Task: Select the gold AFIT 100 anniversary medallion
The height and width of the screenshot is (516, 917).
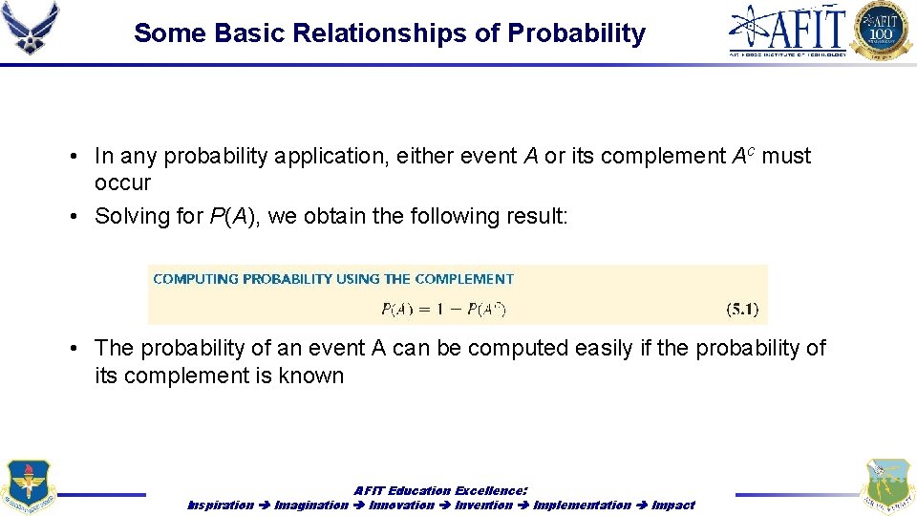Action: click(882, 31)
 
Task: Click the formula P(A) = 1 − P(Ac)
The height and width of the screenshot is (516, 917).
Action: click(443, 309)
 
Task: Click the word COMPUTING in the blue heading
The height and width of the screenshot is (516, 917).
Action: click(196, 279)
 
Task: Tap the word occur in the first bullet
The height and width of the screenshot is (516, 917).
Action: click(122, 183)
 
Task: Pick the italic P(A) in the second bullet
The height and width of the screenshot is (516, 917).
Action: click(235, 216)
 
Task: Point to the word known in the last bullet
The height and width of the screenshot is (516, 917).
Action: click(310, 376)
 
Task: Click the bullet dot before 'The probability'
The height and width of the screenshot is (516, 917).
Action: click(74, 349)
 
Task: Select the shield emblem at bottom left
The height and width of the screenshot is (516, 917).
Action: click(28, 486)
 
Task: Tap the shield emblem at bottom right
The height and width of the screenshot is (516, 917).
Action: click(887, 485)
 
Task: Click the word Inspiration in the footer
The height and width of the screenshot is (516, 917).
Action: click(221, 505)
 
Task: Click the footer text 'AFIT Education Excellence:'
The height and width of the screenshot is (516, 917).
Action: click(440, 490)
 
